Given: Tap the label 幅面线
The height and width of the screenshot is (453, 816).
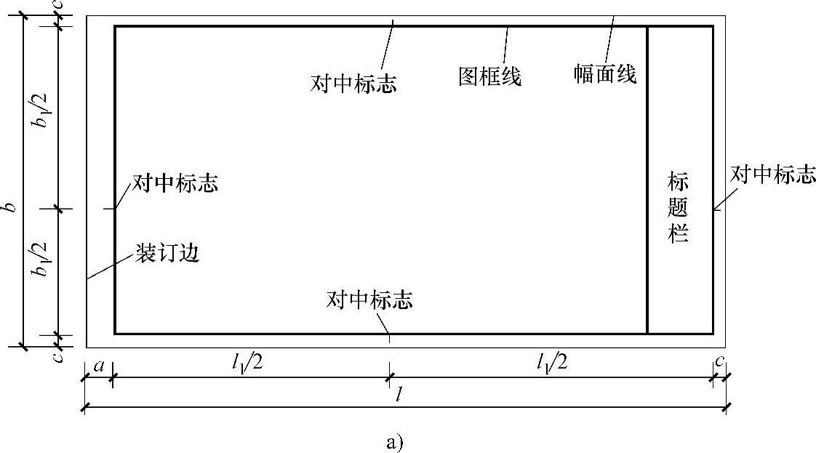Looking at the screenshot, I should pyautogui.click(x=605, y=74).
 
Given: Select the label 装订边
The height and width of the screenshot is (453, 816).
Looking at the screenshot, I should pyautogui.click(x=167, y=253).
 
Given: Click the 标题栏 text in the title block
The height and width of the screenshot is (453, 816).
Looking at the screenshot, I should pyautogui.click(x=679, y=208).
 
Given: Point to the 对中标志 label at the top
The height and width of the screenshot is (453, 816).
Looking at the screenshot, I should pyautogui.click(x=353, y=84).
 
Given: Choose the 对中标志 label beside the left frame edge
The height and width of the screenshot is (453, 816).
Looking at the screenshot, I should pyautogui.click(x=175, y=183).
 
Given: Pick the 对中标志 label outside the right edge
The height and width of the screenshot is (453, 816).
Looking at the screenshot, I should pyautogui.click(x=773, y=175).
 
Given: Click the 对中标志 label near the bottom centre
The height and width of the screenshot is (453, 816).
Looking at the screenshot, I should pyautogui.click(x=370, y=300).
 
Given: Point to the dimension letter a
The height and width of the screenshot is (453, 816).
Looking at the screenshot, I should pyautogui.click(x=97, y=365).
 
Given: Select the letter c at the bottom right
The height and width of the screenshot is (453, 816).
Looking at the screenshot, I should pyautogui.click(x=719, y=361).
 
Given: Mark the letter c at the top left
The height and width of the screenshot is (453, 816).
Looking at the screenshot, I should pyautogui.click(x=58, y=6).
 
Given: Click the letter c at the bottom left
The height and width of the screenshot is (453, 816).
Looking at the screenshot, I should pyautogui.click(x=58, y=356).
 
